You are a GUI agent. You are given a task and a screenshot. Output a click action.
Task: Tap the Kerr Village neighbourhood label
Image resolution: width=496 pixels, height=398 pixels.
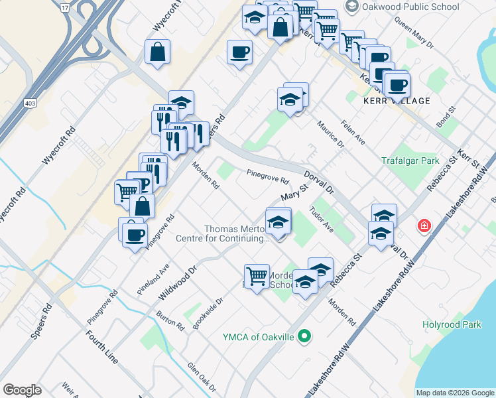point(397,101)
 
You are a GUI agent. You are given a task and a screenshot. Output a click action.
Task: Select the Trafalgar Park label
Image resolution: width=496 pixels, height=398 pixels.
point(410,161)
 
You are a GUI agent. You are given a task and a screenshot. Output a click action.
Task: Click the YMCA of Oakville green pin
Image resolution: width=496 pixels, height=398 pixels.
point(304,337)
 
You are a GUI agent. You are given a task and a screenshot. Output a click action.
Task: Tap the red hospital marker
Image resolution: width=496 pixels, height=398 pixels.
point(423,227)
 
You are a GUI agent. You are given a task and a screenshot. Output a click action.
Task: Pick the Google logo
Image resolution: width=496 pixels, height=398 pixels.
point(23,390)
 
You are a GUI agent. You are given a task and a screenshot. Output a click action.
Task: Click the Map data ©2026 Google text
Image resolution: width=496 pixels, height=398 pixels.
point(455,393)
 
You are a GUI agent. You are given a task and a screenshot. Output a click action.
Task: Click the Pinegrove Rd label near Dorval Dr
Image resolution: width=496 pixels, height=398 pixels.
point(268,177)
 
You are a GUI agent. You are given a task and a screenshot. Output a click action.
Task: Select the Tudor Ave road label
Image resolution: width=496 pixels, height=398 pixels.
point(322,220)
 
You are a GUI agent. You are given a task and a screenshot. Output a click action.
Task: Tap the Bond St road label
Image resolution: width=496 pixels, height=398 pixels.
point(447,117)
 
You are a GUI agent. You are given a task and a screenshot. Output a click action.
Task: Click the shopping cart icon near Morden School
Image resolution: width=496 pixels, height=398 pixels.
point(256,275)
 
